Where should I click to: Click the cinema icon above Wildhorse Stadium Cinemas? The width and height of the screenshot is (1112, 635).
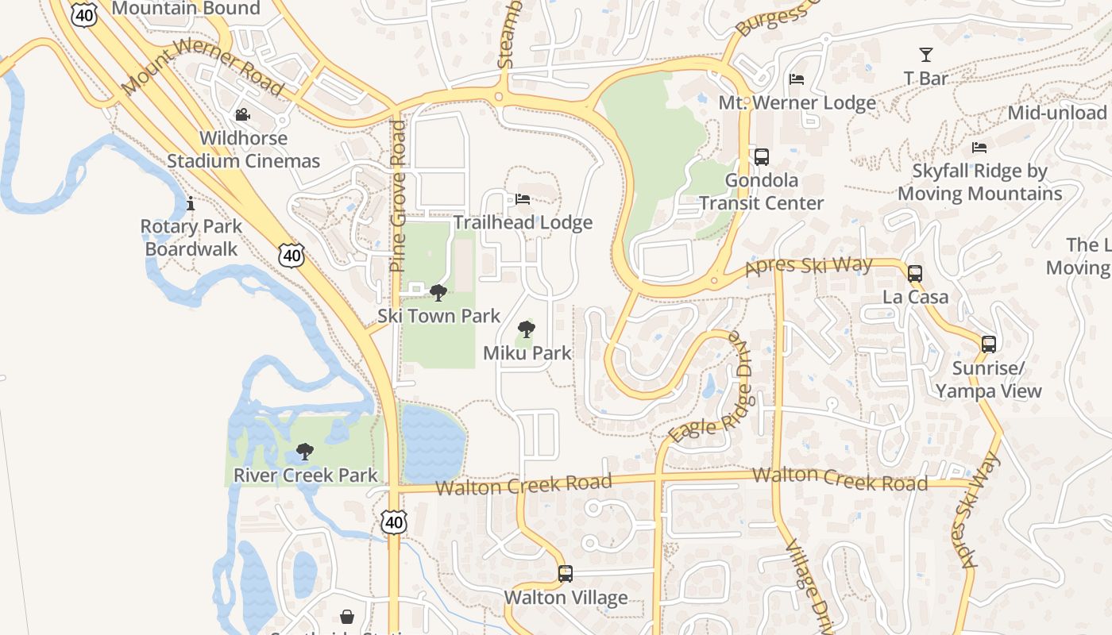tap(243, 115)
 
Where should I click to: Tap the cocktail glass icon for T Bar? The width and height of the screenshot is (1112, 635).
tap(925, 55)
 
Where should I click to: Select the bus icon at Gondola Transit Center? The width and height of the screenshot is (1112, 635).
tap(761, 157)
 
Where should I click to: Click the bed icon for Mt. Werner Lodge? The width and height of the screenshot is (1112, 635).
tap(797, 79)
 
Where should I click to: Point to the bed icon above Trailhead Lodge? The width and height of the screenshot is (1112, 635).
tap(523, 199)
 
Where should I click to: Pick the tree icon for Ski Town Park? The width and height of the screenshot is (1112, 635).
tap(438, 293)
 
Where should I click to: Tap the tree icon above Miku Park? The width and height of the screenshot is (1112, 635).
tap(526, 329)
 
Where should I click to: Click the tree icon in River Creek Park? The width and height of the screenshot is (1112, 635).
tap(304, 452)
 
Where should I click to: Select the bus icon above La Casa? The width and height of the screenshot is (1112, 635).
tap(915, 274)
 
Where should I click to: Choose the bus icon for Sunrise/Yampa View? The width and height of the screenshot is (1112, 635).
tap(988, 344)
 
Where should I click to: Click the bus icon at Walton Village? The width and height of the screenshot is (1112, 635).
tap(565, 573)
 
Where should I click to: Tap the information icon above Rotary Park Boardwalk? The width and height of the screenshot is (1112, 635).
tap(191, 204)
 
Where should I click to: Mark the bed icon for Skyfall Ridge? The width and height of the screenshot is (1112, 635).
tap(979, 148)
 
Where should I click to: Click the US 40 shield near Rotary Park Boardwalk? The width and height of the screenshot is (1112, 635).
tap(292, 255)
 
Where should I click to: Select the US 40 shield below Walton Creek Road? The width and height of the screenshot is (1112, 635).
tap(394, 521)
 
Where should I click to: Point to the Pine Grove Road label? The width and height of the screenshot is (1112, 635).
tap(398, 196)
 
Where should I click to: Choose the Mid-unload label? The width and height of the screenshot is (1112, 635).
tap(1056, 113)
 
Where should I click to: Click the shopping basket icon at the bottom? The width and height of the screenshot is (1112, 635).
tap(347, 617)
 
